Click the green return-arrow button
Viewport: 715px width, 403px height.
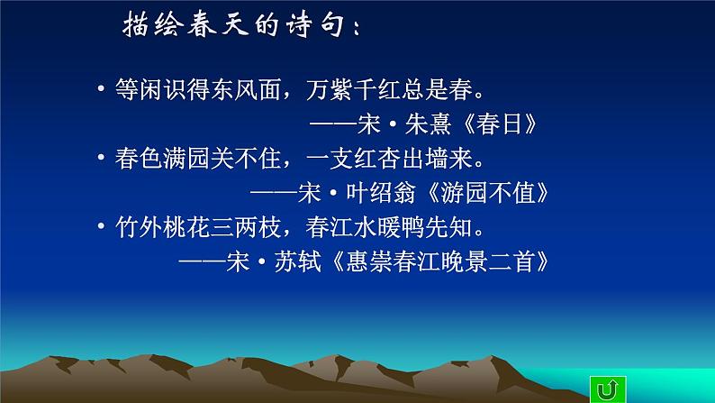click(605, 389)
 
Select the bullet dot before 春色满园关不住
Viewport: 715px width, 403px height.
click(103, 160)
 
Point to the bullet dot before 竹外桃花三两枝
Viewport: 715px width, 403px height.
click(103, 227)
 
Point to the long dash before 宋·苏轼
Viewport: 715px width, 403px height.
click(202, 261)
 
